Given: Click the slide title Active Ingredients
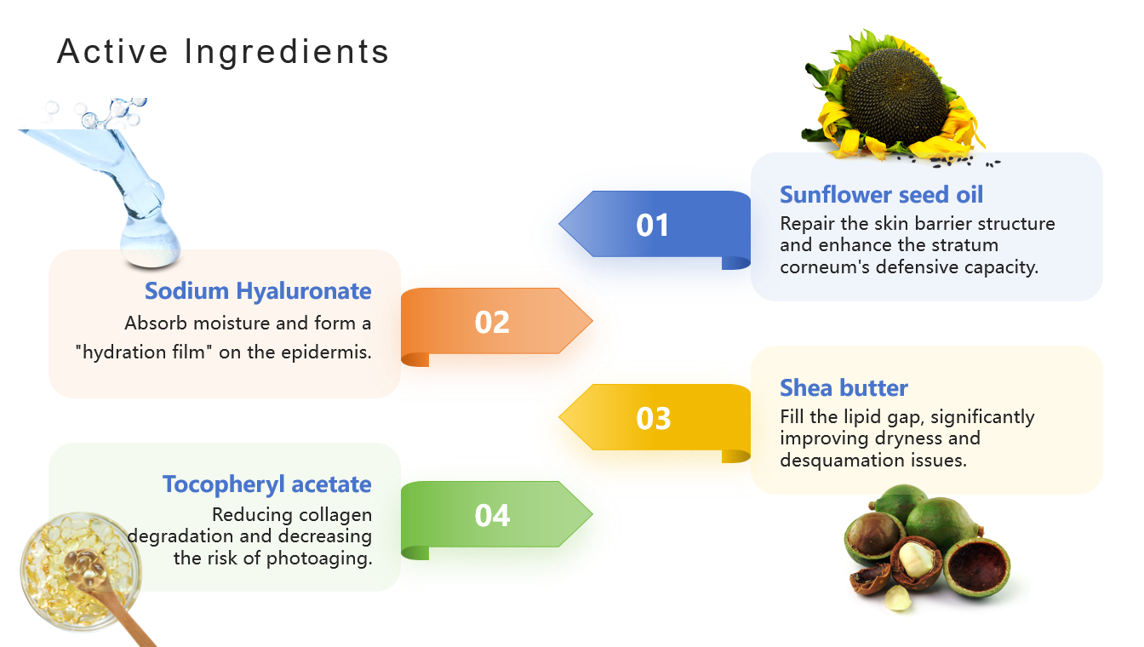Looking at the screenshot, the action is (223, 52).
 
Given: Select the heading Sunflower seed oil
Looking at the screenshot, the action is (881, 195).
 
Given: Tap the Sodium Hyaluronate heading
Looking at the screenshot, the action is (258, 292).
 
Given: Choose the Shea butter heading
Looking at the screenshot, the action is (844, 388).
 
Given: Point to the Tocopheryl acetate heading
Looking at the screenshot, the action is (267, 484).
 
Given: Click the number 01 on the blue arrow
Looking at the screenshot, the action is (652, 226).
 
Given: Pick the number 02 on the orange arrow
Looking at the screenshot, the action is (492, 323).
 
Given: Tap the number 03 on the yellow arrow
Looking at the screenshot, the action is (653, 419).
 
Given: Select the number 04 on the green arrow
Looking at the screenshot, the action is (492, 515).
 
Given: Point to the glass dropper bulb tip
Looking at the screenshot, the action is (150, 245).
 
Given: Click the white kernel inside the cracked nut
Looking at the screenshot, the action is (915, 559).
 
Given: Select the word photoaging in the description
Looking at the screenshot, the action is (318, 558).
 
